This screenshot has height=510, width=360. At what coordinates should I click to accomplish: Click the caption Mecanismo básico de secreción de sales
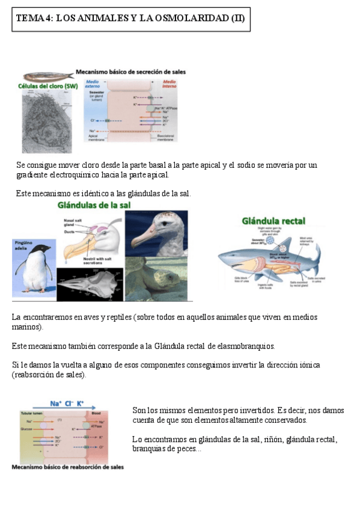point(130,72)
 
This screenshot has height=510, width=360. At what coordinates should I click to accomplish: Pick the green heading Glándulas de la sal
point(94,205)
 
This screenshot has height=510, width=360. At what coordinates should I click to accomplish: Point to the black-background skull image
point(90,284)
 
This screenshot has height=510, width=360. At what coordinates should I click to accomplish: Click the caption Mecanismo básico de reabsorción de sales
point(68,467)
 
